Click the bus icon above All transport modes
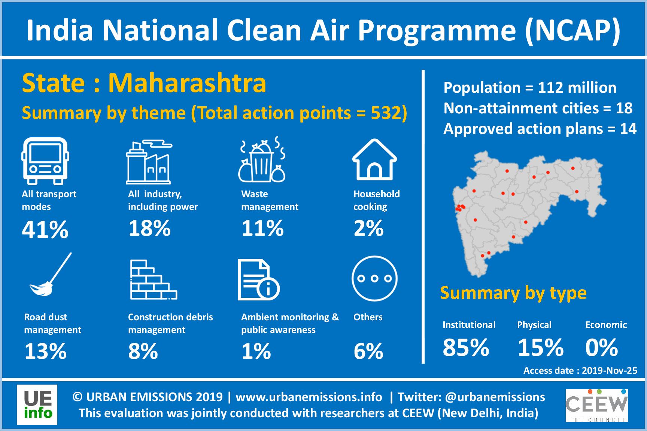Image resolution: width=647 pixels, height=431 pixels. tap(45, 161)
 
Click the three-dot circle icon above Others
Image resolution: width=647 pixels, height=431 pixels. tap(374, 278)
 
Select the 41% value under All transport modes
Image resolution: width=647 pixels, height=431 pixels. tap(45, 229)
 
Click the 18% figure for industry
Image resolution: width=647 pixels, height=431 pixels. tap(149, 228)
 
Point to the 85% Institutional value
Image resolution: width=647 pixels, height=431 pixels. tap(466, 348)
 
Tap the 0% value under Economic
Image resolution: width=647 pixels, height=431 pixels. tap(601, 348)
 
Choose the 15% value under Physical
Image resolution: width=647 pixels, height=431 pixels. tap(540, 348)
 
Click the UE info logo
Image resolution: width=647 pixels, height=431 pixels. tap(37, 405)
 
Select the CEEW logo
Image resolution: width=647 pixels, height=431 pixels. tap(596, 406)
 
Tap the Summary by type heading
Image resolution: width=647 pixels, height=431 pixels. tap(513, 293)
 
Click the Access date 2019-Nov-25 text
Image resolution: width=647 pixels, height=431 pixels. tap(580, 370)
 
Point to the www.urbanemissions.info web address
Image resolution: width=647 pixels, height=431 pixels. tap(309, 397)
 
